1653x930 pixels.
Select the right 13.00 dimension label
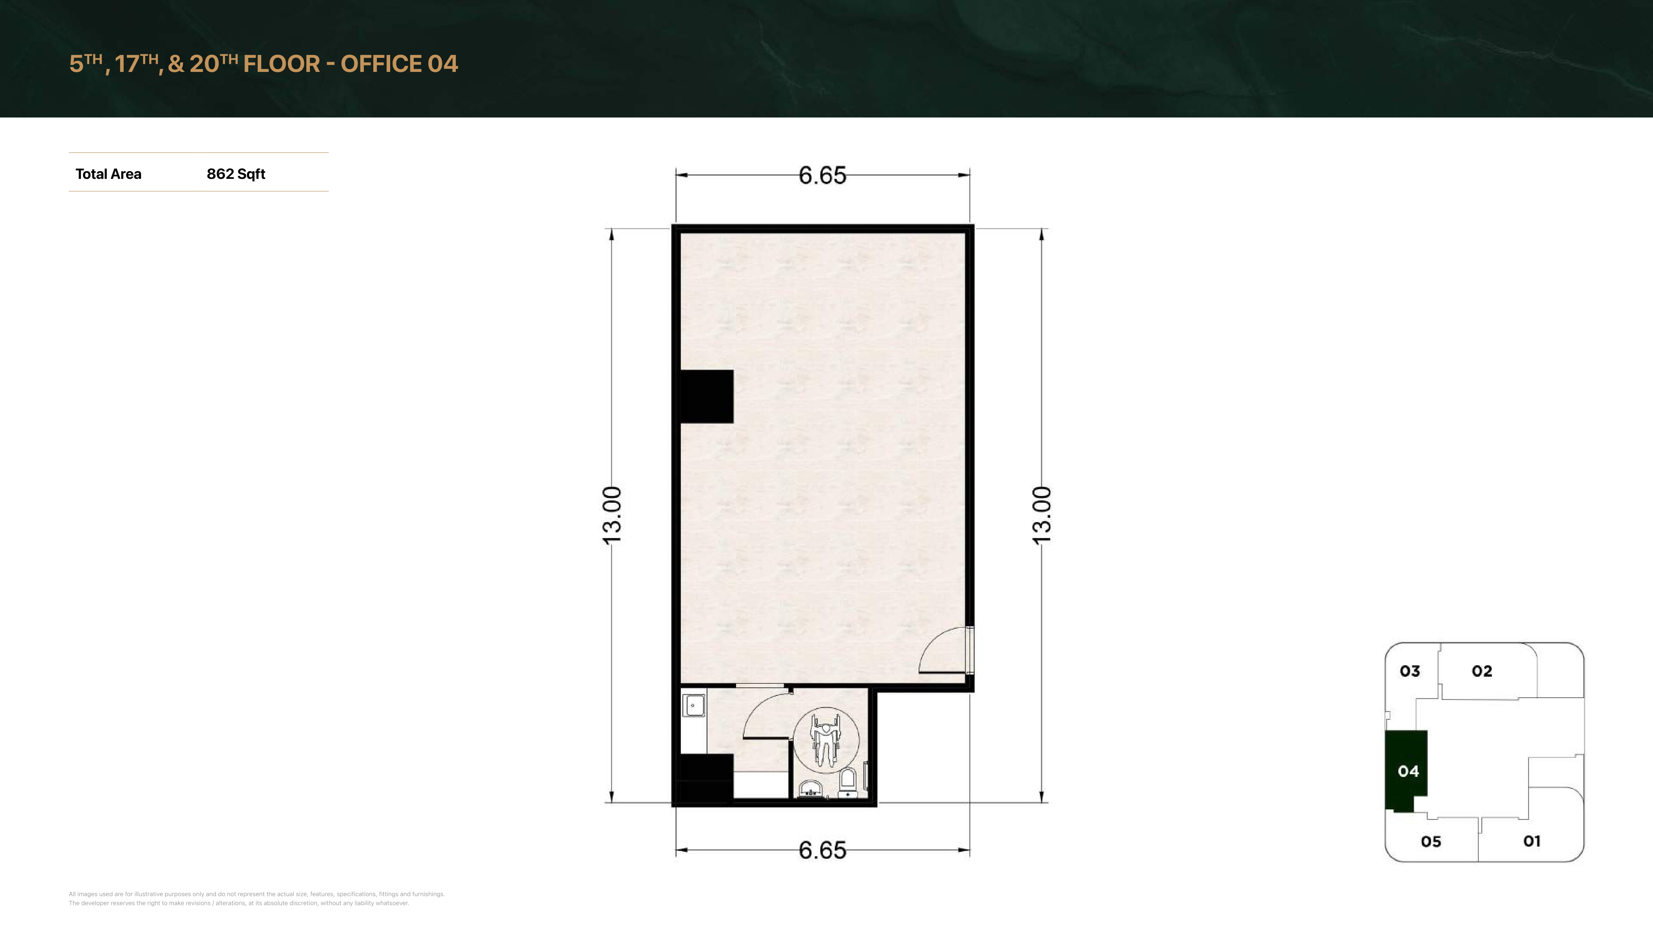1042,516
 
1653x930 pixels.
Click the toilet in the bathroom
848,783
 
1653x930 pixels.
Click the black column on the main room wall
707,396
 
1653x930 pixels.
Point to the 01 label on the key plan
1532,841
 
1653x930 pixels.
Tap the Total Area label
108,174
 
